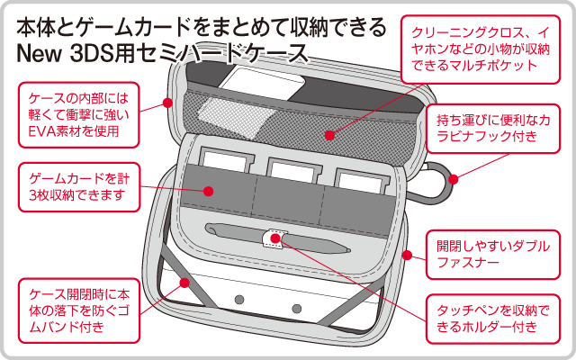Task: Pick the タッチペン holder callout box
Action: [491, 316]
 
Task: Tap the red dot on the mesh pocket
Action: [331, 137]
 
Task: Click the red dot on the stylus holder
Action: [273, 240]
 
